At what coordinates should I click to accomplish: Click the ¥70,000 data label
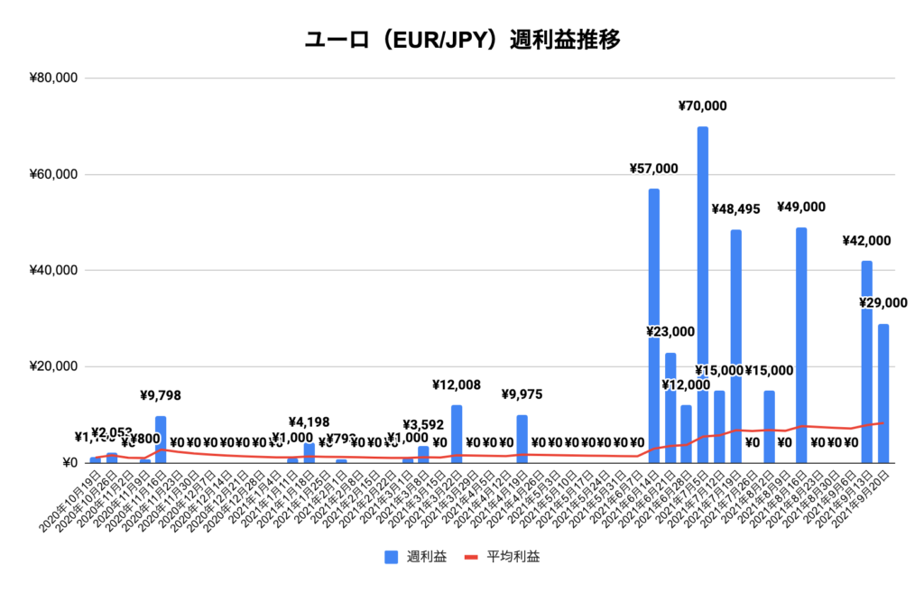coord(702,107)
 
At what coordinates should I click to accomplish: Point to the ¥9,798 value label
coord(162,394)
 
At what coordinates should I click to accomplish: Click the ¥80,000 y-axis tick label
coord(53,79)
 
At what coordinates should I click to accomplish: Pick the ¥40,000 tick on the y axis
coord(53,271)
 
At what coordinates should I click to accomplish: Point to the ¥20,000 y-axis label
coord(53,367)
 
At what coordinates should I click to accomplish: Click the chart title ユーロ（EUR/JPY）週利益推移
coord(462,41)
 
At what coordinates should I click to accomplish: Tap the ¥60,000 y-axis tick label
coord(53,175)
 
